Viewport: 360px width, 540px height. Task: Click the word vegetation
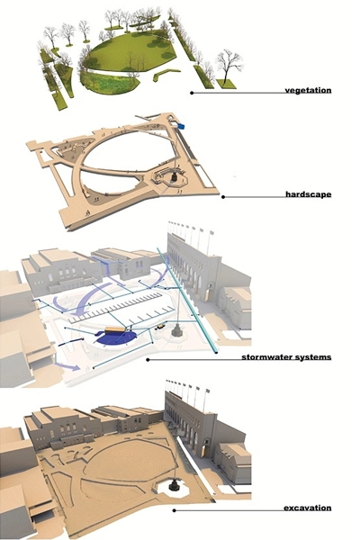(x=308, y=90)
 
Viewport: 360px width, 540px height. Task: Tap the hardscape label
(x=309, y=194)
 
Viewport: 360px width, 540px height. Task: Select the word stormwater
(x=269, y=357)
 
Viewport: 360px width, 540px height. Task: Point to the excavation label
(x=308, y=508)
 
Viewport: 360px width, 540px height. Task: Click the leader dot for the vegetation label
(x=192, y=93)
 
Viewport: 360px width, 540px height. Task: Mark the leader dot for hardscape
(x=223, y=197)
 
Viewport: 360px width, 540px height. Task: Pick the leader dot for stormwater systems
(x=148, y=360)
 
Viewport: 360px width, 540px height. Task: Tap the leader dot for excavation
(x=174, y=510)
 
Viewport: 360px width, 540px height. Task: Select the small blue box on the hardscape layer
(x=181, y=126)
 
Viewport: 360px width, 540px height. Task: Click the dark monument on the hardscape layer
(x=175, y=176)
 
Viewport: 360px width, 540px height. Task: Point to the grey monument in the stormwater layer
(x=176, y=329)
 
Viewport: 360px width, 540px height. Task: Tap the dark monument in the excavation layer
(x=175, y=484)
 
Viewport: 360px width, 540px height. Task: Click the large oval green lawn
(x=130, y=51)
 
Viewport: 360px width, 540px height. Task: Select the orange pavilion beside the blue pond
(x=114, y=330)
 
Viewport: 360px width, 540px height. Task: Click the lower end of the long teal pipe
(x=216, y=352)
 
